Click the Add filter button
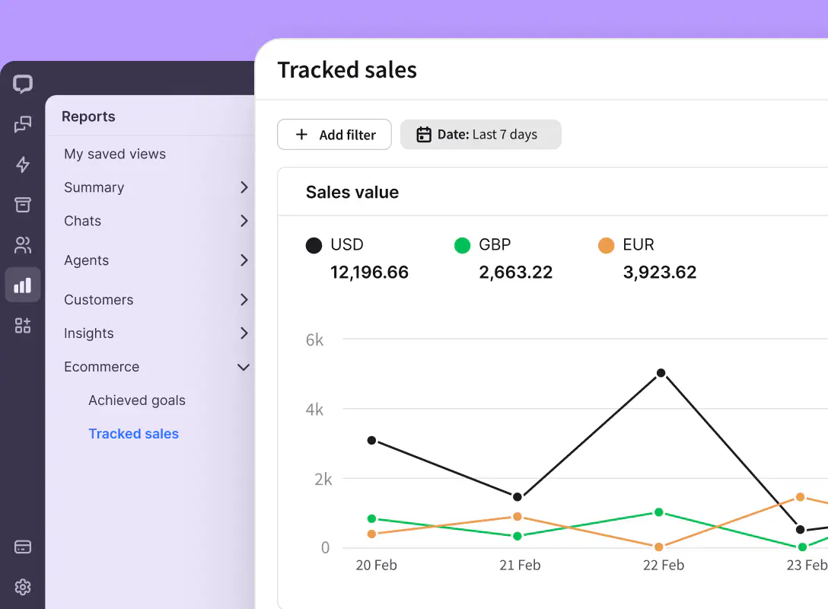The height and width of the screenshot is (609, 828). click(334, 135)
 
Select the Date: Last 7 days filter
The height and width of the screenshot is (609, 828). click(480, 135)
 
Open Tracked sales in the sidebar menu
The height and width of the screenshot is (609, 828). click(133, 434)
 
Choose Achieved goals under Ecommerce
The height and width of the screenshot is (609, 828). click(137, 400)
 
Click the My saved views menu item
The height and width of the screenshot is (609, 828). click(115, 154)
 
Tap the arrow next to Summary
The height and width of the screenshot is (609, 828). click(244, 187)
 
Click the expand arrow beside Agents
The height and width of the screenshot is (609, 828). click(244, 260)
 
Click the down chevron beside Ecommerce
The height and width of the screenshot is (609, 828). click(244, 367)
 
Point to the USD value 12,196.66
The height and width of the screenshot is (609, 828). click(369, 273)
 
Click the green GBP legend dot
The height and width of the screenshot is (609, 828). click(463, 245)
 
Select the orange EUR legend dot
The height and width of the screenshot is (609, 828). click(607, 245)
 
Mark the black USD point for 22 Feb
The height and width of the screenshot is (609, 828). click(661, 373)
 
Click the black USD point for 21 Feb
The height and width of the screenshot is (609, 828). click(517, 497)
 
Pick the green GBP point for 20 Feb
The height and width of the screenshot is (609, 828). click(371, 518)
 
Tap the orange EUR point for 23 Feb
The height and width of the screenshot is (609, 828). click(800, 497)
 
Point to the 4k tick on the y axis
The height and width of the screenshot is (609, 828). click(314, 410)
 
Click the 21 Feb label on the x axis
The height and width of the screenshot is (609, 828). click(519, 565)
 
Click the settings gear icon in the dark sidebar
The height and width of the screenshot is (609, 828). click(23, 587)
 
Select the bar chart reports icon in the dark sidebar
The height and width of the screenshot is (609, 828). click(23, 285)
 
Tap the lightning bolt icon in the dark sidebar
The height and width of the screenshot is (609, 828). click(23, 164)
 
